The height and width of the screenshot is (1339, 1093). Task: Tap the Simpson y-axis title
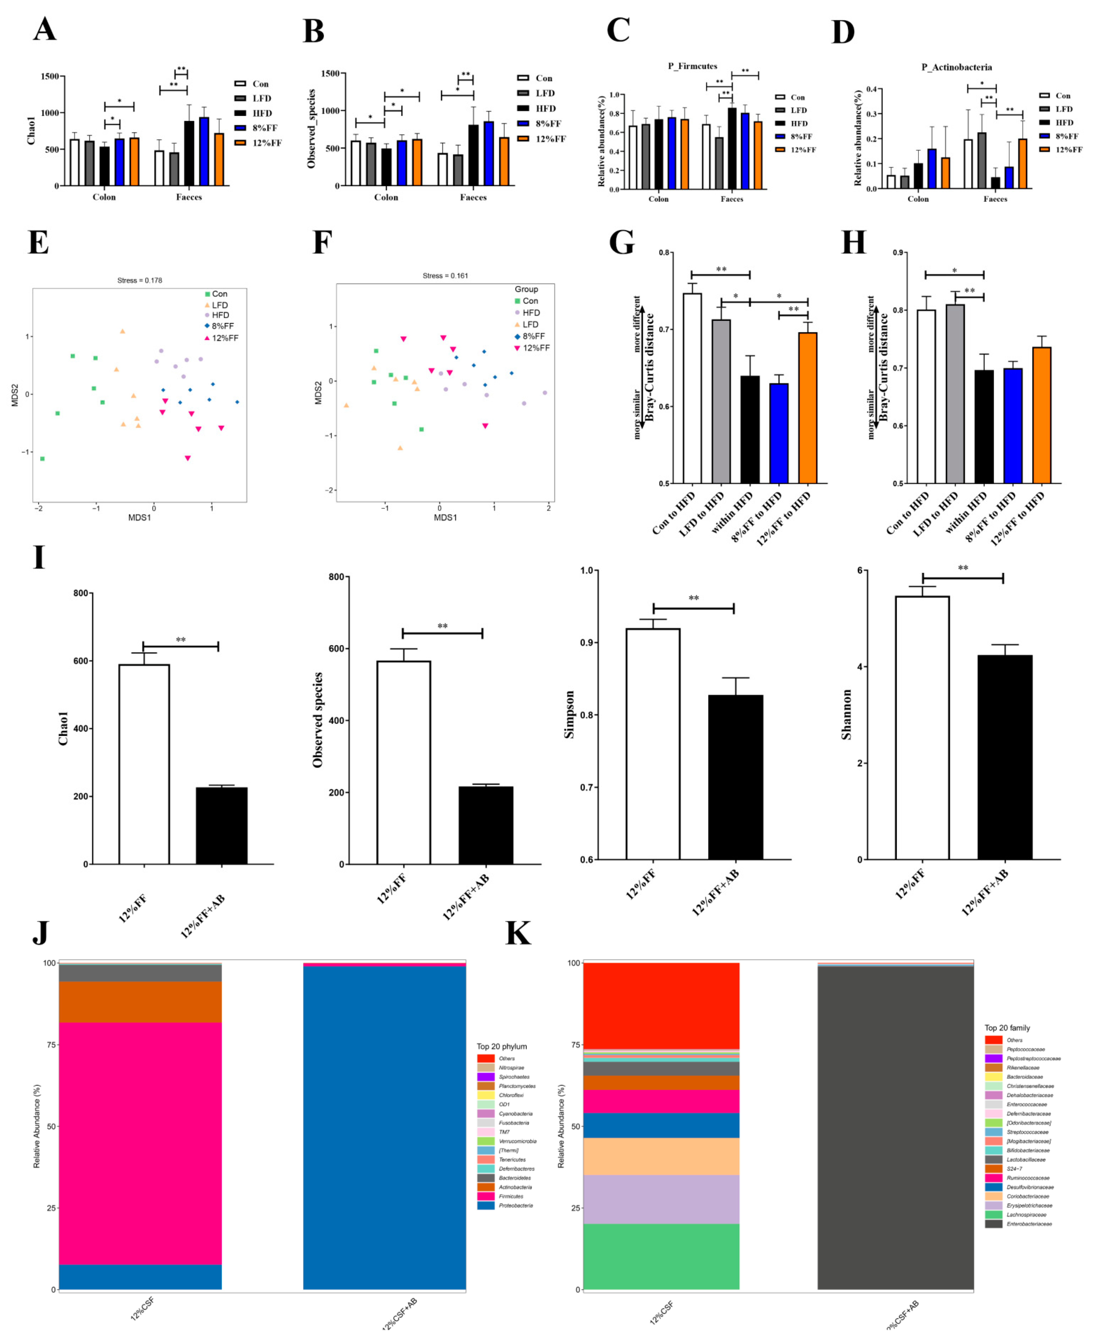[x=570, y=715]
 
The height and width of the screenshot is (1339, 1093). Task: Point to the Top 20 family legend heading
[x=1007, y=1027]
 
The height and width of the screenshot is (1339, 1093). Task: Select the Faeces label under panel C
[x=732, y=199]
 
